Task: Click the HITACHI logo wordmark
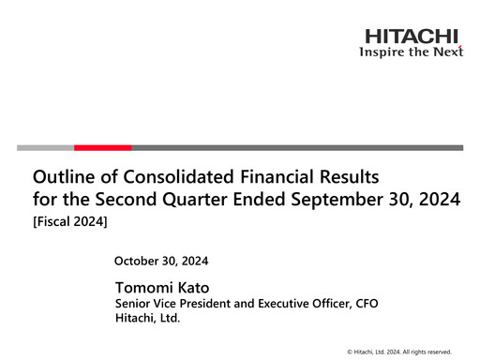pyautogui.click(x=412, y=37)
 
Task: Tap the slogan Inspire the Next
pyautogui.click(x=412, y=52)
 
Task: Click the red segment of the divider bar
pyautogui.click(x=102, y=147)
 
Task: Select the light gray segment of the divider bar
pyautogui.click(x=45, y=147)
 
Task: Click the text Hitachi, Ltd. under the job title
pyautogui.click(x=146, y=319)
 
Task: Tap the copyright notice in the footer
pyautogui.click(x=398, y=351)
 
